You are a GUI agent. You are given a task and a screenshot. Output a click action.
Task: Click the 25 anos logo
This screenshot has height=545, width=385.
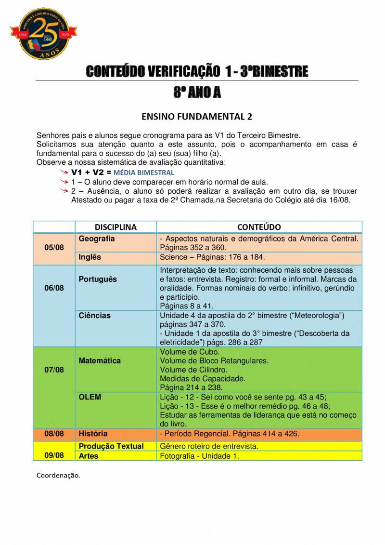coord(44,33)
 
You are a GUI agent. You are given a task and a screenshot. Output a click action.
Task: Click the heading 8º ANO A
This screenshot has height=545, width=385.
coord(197,93)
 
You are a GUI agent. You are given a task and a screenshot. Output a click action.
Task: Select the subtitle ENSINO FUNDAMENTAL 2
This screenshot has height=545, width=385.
coord(197,117)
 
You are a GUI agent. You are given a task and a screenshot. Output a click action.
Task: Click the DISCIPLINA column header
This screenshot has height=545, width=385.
coord(115,227)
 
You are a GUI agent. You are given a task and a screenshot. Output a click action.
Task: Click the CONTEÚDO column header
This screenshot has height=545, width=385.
coord(259,227)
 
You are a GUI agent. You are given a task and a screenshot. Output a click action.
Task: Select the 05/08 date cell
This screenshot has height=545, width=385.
coord(54,248)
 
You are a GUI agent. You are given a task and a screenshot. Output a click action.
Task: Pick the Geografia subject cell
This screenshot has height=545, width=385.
coord(97,239)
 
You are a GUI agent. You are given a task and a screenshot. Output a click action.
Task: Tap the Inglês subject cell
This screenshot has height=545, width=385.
coord(90,257)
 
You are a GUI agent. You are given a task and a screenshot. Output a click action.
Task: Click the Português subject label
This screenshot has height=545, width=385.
coord(98,279)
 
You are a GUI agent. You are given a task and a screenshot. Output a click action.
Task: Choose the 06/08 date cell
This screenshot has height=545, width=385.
coord(54,288)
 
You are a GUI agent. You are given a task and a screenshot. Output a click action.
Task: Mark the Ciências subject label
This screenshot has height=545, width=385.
coord(95,316)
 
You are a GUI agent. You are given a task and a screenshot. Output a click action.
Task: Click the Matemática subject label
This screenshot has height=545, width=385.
coord(100,360)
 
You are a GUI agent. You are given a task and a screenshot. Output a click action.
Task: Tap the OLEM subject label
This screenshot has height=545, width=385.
coord(90,397)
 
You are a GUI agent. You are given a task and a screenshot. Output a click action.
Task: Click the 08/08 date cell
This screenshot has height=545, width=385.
coord(54,434)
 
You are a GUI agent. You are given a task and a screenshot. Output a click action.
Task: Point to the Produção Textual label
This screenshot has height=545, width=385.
coord(111,446)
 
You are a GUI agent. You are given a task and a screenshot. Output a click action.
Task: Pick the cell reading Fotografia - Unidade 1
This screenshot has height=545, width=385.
coord(199,456)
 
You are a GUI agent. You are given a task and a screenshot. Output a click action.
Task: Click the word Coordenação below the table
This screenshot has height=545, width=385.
coord(58,475)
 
